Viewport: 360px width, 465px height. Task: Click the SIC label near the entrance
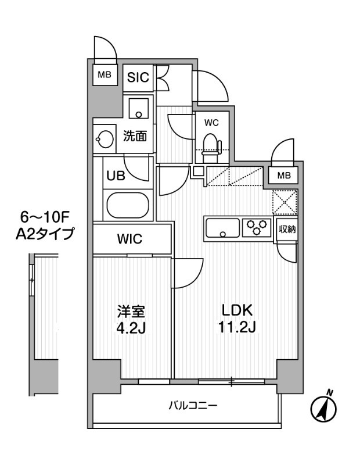coord(138,77)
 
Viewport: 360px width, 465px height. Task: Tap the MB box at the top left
coord(105,74)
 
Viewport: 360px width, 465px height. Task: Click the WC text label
coord(211,123)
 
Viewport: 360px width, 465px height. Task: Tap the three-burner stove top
coord(257,226)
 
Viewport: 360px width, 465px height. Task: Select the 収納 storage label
coord(287,229)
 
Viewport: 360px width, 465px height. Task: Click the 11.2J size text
coord(236,328)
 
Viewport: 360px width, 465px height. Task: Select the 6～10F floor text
coord(45,217)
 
